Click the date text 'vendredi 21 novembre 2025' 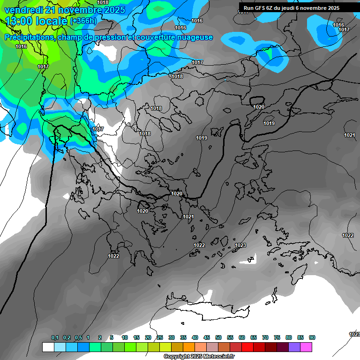(65, 10)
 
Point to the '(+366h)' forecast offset (83, 21)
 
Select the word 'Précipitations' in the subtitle (29, 37)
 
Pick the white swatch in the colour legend (48, 347)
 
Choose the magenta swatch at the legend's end (306, 347)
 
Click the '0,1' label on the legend (55, 337)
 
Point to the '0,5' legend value (78, 337)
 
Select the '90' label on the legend (312, 337)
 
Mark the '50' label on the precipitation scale (218, 337)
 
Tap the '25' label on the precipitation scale (160, 337)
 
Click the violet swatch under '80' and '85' (294, 347)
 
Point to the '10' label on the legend (125, 337)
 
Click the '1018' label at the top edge (103, 2)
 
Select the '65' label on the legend (254, 337)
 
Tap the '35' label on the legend (183, 337)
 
